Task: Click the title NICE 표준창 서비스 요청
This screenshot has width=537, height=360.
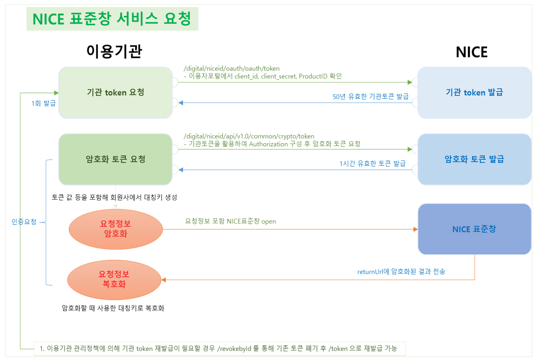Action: [111, 19]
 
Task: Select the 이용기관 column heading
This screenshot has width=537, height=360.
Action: [115, 51]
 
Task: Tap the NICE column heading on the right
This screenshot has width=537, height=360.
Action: [471, 51]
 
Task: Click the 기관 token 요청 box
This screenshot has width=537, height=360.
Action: [115, 93]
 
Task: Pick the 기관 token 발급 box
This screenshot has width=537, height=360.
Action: [475, 93]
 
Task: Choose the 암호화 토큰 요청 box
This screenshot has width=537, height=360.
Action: [115, 159]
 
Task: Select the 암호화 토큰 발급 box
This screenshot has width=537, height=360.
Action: [475, 159]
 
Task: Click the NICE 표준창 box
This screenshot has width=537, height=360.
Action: [475, 229]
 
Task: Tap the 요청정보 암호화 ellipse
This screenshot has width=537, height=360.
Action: [115, 229]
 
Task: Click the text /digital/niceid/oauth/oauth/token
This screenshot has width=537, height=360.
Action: [231, 68]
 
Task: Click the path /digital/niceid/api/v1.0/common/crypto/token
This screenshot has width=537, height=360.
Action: [249, 136]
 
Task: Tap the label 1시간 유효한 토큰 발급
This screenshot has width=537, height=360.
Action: [372, 163]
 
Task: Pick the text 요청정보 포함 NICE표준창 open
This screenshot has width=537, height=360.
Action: [230, 221]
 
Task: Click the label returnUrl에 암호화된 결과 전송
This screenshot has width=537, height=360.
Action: [401, 272]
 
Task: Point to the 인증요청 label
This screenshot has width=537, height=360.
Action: [24, 222]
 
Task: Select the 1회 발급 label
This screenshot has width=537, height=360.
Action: [43, 103]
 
